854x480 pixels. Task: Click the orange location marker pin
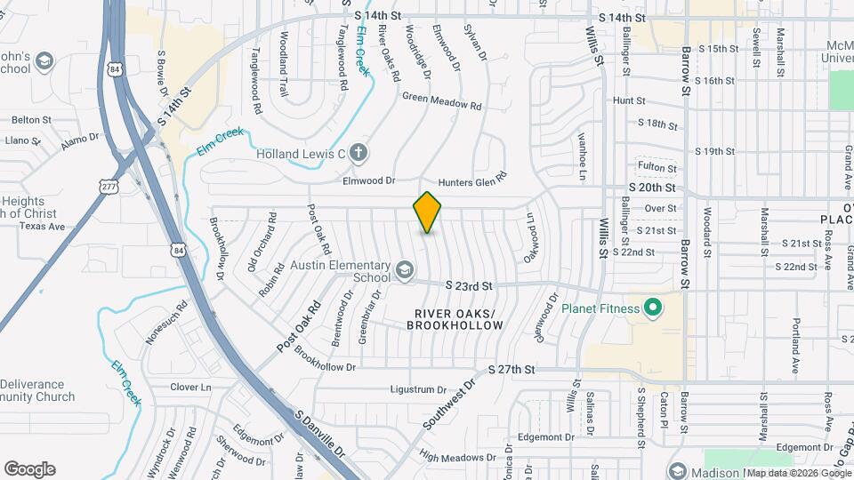(x=428, y=212)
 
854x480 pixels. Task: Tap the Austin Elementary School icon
(x=405, y=269)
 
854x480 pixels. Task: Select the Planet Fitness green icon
(x=653, y=308)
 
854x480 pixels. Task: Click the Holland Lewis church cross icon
(x=359, y=153)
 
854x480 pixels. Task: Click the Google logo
(x=29, y=468)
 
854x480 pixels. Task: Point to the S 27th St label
(x=511, y=369)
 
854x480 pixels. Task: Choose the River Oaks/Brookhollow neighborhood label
(x=455, y=319)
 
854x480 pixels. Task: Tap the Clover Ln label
(x=190, y=388)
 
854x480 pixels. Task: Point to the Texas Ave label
(x=43, y=227)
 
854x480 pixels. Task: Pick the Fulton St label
(x=657, y=166)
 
